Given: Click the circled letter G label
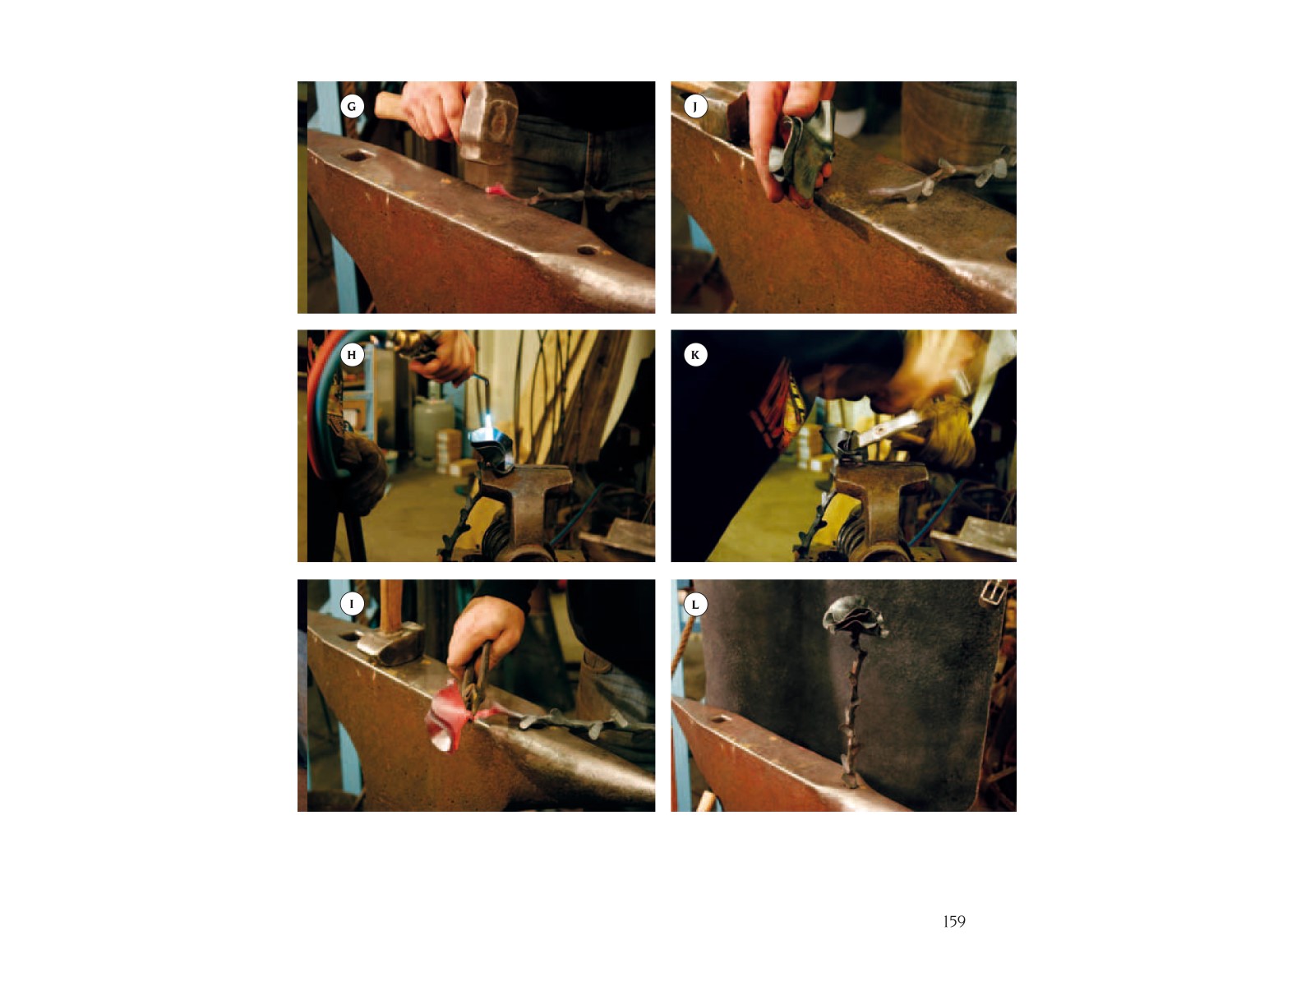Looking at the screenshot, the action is coord(352,107).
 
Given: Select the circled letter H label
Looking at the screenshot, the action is coord(352,355).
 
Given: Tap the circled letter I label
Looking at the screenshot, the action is coord(352,603).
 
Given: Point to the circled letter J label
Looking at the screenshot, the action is coord(695,107).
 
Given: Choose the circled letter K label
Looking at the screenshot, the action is coord(695,355).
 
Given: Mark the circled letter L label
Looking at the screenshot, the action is coord(695,605).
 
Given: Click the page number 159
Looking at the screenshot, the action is coord(953,921).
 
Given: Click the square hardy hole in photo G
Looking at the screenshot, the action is coord(356,155).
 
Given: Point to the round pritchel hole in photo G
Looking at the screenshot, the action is coord(587,250).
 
